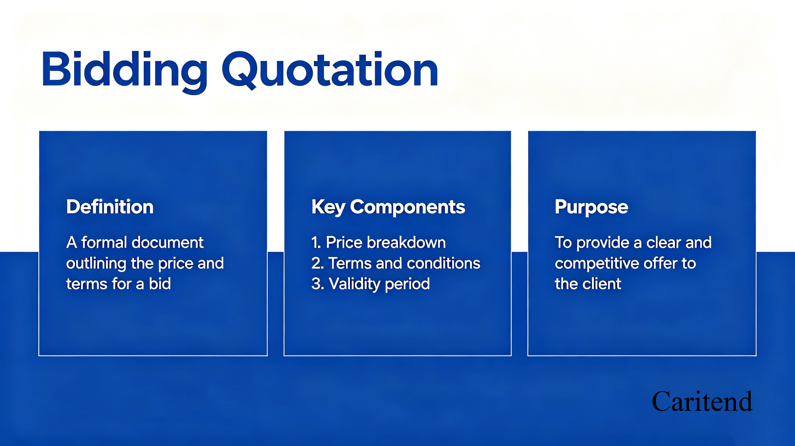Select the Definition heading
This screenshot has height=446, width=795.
tap(110, 207)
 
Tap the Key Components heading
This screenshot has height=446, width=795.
tap(388, 207)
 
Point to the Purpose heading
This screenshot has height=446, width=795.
tap(591, 207)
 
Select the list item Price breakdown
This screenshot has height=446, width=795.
tap(386, 242)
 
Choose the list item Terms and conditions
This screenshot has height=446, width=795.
tap(404, 263)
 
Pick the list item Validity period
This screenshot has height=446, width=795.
tap(379, 284)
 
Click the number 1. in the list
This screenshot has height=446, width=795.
tap(316, 242)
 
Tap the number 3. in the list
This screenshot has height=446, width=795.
tap(317, 284)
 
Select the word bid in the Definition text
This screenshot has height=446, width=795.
tap(160, 284)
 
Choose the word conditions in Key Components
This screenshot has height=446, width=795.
tap(444, 263)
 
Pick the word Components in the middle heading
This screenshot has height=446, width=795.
tap(408, 207)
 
